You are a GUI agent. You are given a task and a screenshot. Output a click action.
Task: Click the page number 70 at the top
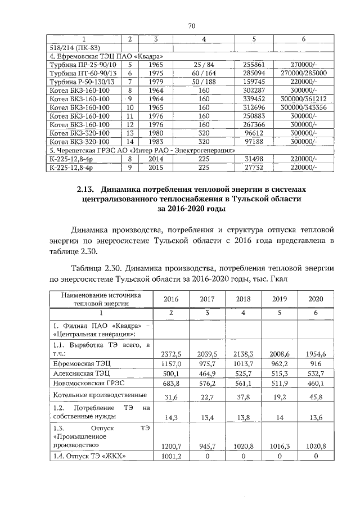[191, 26]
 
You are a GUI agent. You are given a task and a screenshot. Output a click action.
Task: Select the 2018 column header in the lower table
[244, 300]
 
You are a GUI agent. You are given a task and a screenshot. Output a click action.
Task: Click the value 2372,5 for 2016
[170, 354]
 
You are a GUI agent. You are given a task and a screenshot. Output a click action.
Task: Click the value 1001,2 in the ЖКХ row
[170, 456]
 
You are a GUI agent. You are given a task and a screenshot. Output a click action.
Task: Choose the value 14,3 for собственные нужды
[170, 418]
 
